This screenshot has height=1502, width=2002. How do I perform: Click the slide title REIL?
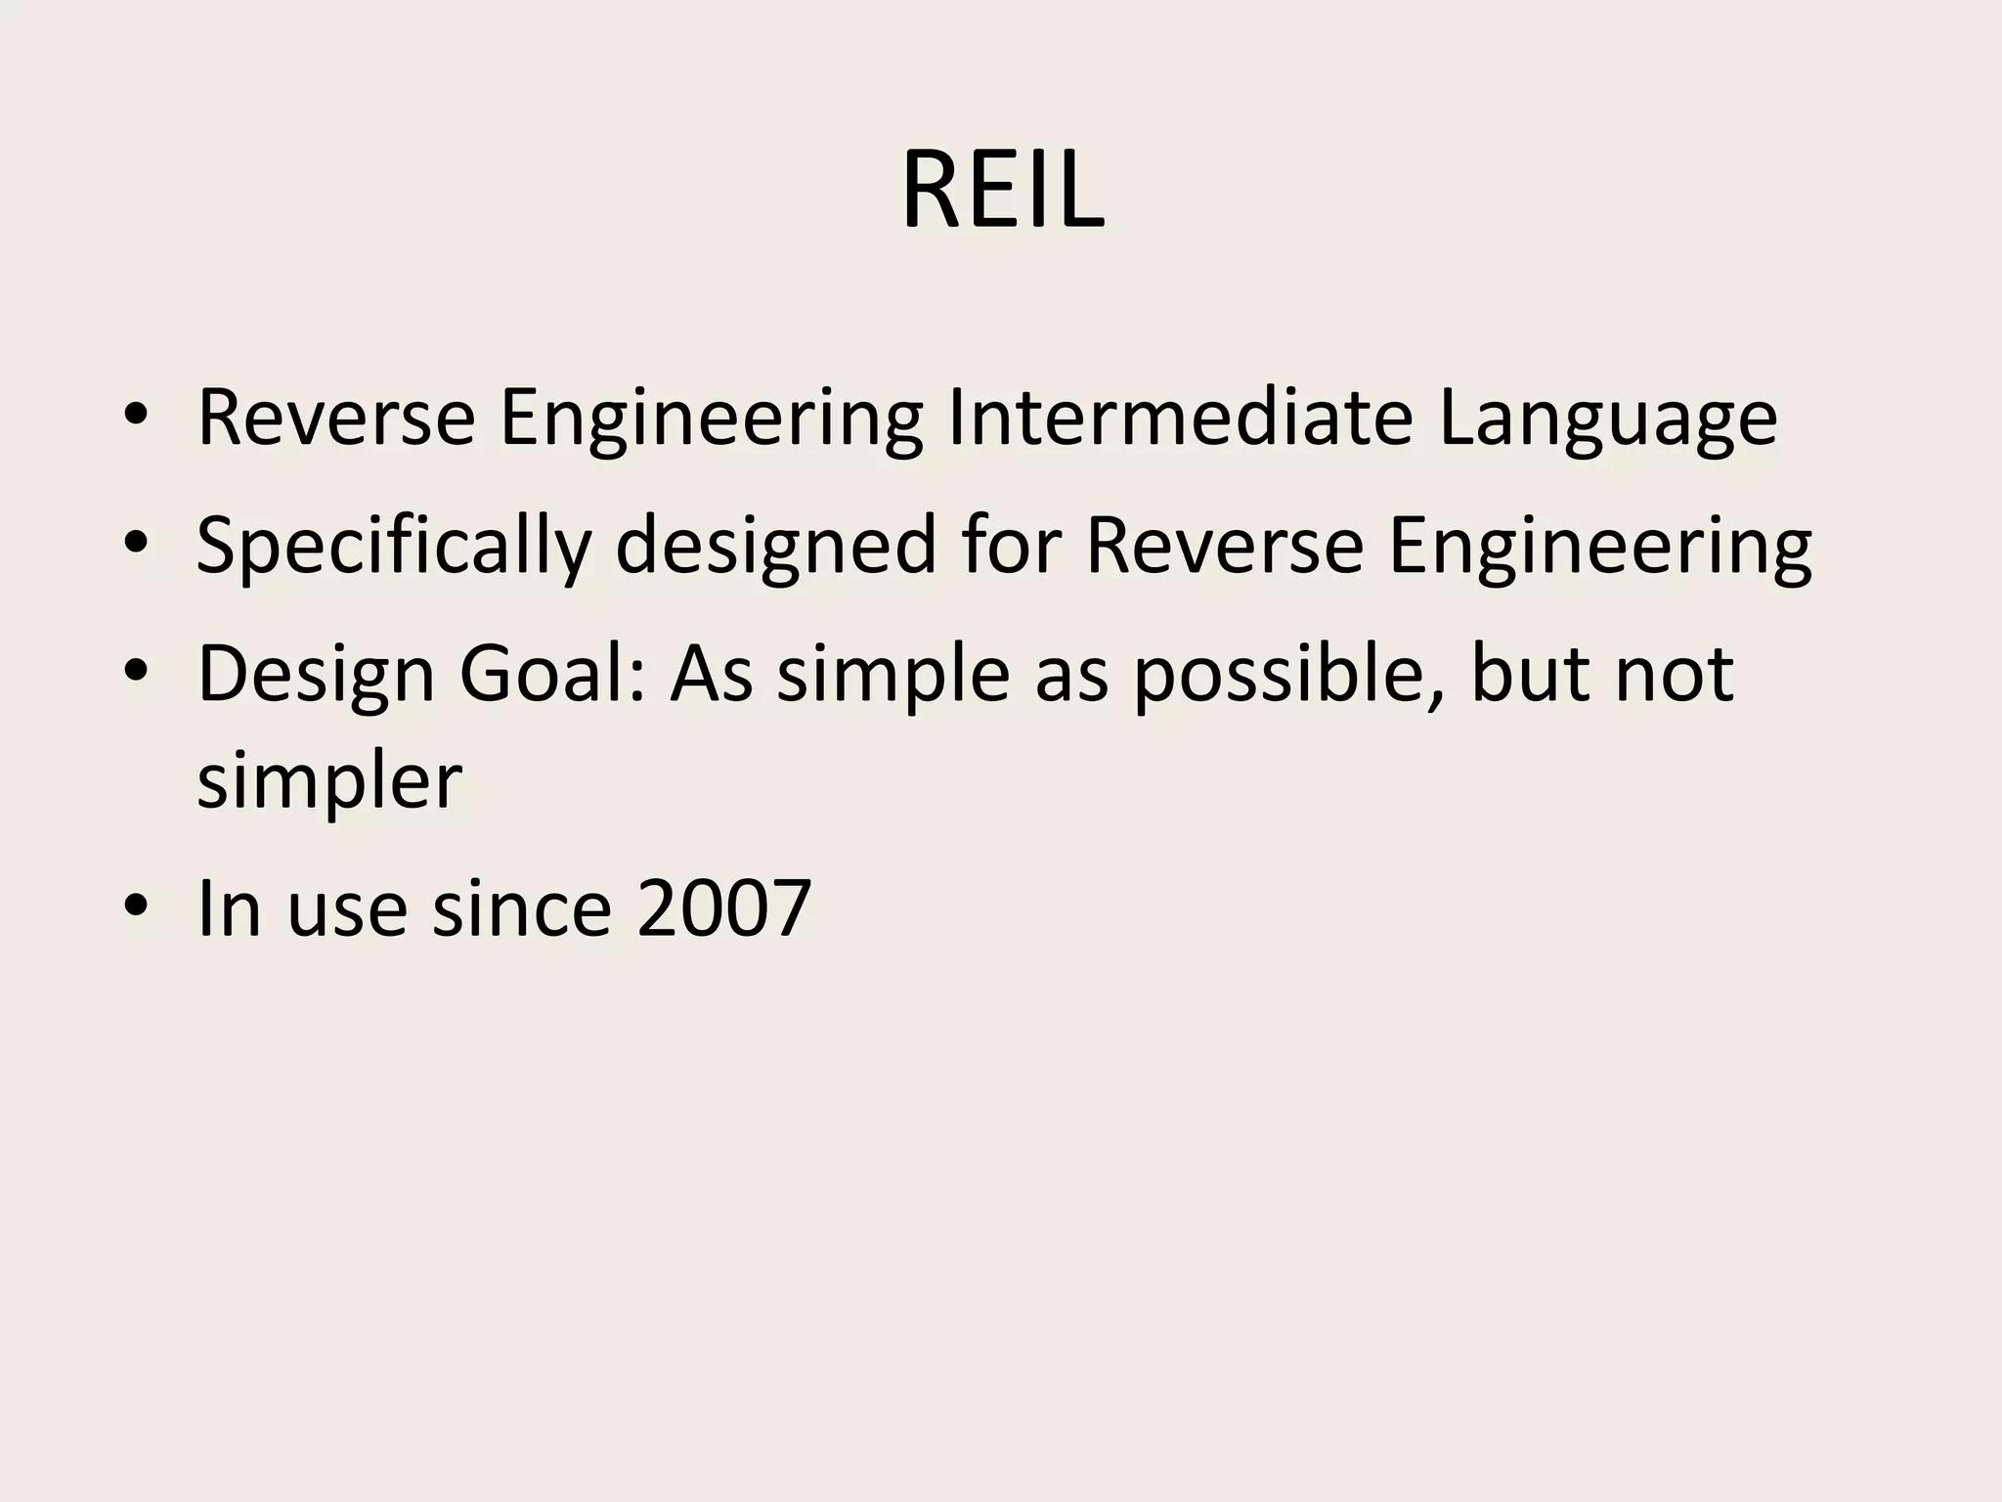[x=1002, y=190]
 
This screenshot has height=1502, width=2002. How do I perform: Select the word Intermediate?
[x=1180, y=418]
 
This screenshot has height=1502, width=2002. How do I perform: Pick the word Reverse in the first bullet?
[x=335, y=418]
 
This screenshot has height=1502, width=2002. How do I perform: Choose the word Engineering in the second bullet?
[x=1599, y=548]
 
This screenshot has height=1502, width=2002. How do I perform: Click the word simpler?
[x=329, y=782]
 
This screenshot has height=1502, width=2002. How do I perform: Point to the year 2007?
[x=723, y=908]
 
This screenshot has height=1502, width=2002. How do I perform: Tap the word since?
[x=522, y=908]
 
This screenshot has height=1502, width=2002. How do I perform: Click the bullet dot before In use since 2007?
[x=136, y=906]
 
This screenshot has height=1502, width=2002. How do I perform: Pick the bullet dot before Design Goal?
[x=136, y=672]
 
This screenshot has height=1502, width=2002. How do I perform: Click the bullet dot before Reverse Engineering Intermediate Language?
[x=136, y=416]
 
